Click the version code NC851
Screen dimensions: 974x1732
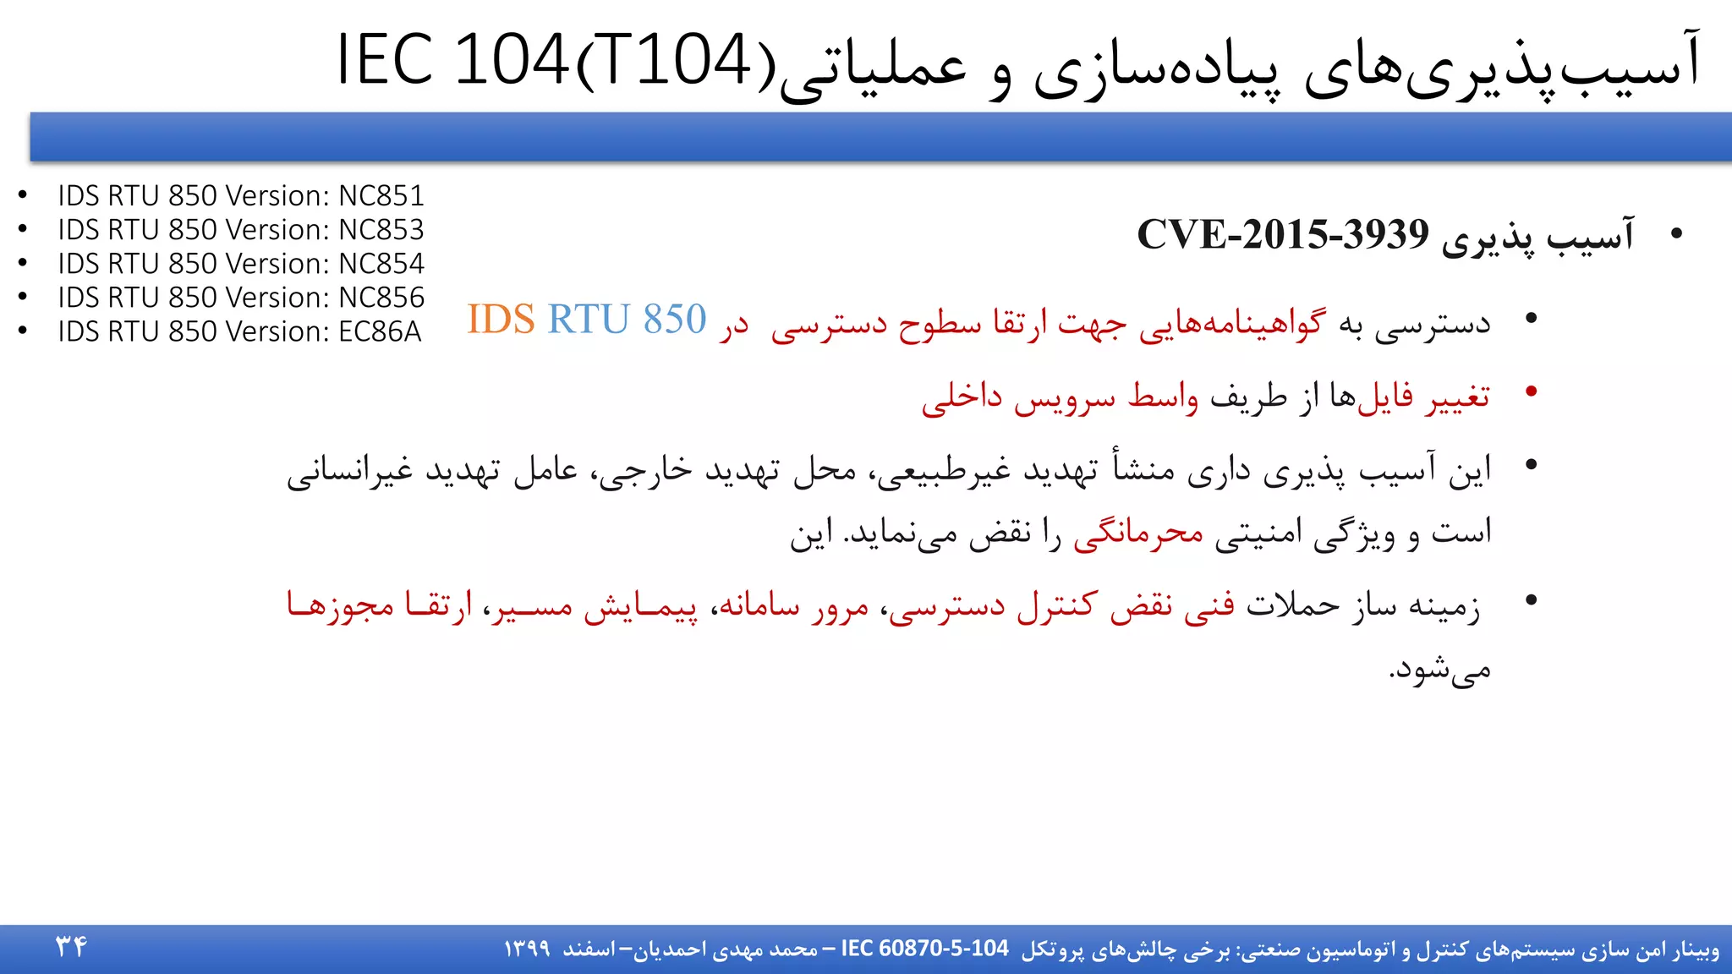click(x=381, y=196)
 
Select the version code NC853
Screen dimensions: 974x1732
click(x=381, y=230)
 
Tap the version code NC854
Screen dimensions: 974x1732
click(x=381, y=264)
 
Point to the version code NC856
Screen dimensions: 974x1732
click(x=381, y=298)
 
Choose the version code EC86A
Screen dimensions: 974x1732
click(x=380, y=331)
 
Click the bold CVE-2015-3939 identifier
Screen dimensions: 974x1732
click(x=1282, y=234)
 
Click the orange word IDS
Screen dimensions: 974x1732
click(x=501, y=320)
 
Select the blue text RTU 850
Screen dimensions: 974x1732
click(x=627, y=320)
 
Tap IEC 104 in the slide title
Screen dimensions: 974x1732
click(x=452, y=61)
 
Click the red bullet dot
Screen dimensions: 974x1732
click(x=1531, y=391)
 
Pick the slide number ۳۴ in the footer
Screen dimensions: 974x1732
click(x=71, y=946)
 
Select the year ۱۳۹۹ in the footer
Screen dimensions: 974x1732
click(x=527, y=949)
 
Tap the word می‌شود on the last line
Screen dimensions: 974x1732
click(x=1439, y=670)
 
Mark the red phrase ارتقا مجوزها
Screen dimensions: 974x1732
click(x=380, y=605)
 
